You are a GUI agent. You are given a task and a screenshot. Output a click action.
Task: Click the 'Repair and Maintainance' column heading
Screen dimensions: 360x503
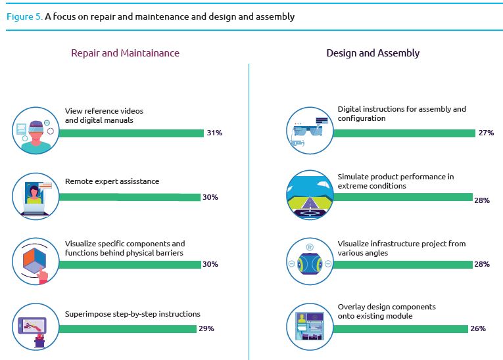[125, 53]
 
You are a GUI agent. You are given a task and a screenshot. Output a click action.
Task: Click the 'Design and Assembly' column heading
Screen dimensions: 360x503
[373, 53]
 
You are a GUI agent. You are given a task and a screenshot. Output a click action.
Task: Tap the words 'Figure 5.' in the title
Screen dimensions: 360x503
[24, 16]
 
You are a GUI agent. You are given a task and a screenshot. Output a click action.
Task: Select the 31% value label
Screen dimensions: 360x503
[214, 133]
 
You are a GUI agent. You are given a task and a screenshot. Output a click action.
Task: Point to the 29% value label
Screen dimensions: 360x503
[206, 328]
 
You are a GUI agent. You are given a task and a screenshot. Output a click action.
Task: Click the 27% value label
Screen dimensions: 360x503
[486, 133]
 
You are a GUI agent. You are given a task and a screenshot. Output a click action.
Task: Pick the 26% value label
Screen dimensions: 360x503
[478, 328]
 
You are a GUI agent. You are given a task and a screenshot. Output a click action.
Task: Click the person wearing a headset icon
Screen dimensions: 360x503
[36, 130]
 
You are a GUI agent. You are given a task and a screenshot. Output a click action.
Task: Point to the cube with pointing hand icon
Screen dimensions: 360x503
[36, 261]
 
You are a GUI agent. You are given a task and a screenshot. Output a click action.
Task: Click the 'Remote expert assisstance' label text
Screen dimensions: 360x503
[112, 181]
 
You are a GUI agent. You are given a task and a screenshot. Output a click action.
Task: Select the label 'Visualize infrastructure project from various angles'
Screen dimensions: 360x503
[401, 248]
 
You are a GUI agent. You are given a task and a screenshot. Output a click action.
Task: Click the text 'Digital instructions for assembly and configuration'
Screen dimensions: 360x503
[401, 114]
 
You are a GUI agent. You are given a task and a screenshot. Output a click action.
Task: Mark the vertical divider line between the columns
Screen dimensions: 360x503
[249, 210]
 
